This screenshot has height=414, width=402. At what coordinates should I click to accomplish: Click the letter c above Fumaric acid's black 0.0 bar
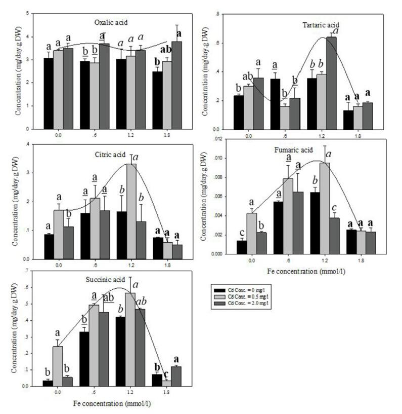[241, 232]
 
